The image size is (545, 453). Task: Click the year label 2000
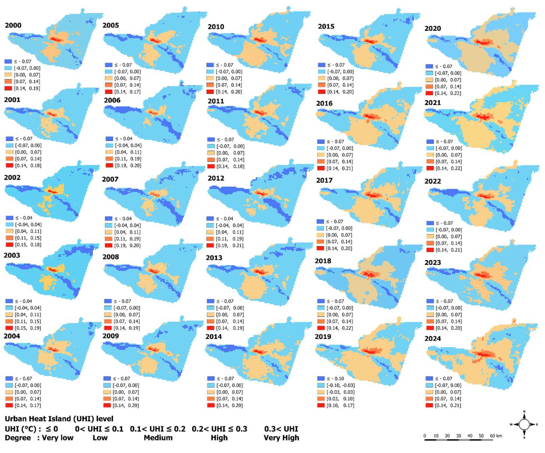pyautogui.click(x=13, y=25)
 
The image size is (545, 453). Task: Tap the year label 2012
pyautogui.click(x=216, y=178)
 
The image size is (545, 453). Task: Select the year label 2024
pyautogui.click(x=432, y=339)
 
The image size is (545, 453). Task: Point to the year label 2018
pyautogui.click(x=323, y=261)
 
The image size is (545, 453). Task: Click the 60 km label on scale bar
pyautogui.click(x=496, y=436)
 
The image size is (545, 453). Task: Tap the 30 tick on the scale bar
pyautogui.click(x=458, y=436)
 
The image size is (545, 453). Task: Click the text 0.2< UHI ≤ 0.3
pyautogui.click(x=219, y=429)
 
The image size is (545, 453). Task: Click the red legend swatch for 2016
pyautogui.click(x=321, y=168)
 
